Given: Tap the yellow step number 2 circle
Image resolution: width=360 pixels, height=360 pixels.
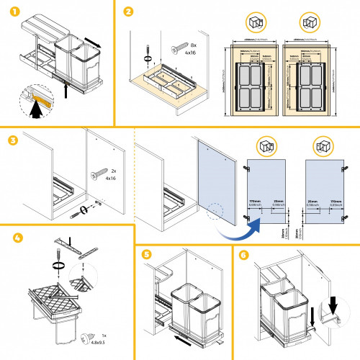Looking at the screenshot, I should coord(127,12).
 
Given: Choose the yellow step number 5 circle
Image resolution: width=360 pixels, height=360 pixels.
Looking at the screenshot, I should coord(148,254).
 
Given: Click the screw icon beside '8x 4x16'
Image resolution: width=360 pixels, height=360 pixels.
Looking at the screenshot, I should coord(176,49).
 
